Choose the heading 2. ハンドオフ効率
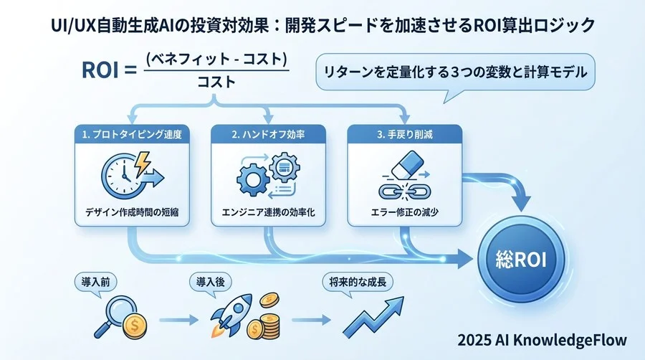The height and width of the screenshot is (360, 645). click(268, 133)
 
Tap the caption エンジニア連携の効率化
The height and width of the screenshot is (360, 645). click(268, 213)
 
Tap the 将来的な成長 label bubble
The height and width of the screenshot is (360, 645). click(352, 281)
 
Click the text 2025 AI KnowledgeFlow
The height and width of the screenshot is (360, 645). click(543, 339)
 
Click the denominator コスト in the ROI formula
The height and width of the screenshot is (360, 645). click(216, 82)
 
